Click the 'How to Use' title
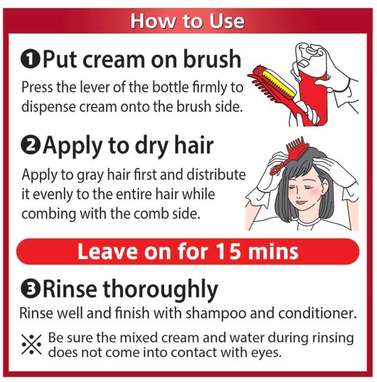click(187, 21)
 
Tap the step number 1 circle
click(30, 60)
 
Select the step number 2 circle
click(30, 146)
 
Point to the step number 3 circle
click(30, 289)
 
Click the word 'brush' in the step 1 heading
click(212, 59)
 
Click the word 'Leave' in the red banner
click(107, 251)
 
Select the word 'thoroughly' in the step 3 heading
click(160, 290)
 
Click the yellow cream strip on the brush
click(278, 83)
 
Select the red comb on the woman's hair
click(288, 155)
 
